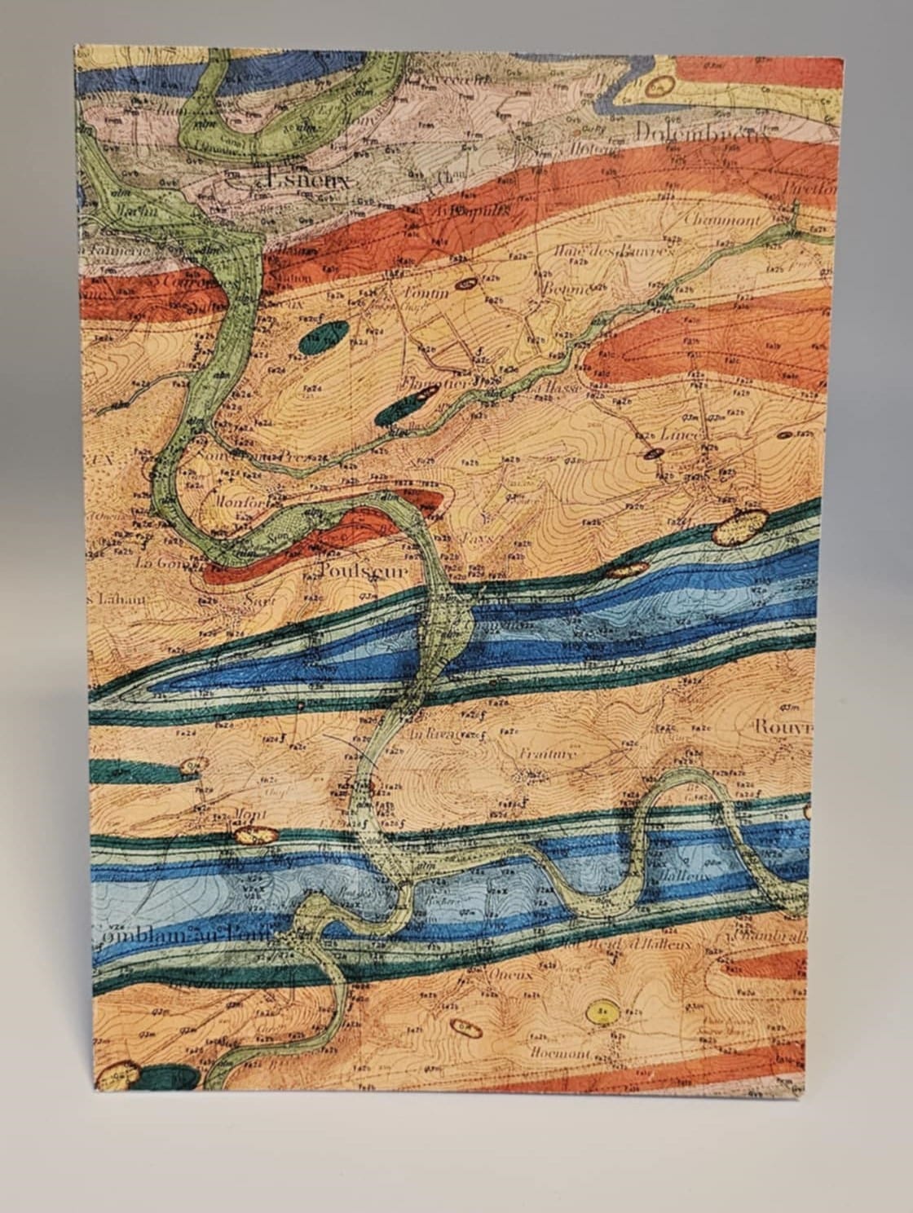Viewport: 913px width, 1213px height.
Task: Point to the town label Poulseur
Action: coord(364,571)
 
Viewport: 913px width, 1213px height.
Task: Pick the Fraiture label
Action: coord(547,754)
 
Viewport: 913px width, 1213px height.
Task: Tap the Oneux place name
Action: coord(512,974)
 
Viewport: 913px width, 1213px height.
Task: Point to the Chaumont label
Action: coord(722,220)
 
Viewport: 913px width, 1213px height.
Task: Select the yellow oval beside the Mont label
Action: coord(256,835)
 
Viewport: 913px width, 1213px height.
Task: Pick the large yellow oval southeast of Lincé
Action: coord(740,526)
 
